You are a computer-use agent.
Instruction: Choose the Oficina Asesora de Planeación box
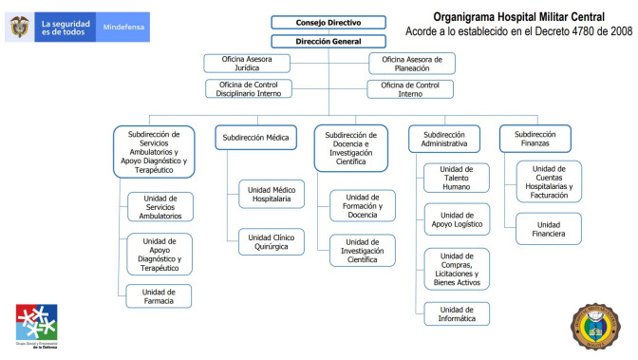411,64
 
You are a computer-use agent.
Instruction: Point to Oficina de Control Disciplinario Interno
249,88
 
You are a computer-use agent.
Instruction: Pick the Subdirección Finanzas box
535,139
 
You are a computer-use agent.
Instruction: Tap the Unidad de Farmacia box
159,296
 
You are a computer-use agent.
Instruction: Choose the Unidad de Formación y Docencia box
363,206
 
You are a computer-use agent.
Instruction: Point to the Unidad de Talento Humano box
457,178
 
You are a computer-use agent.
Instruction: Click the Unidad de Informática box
457,313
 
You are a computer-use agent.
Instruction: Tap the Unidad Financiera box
549,228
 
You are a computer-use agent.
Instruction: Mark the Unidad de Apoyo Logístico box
457,220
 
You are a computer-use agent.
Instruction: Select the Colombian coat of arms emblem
19,27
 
